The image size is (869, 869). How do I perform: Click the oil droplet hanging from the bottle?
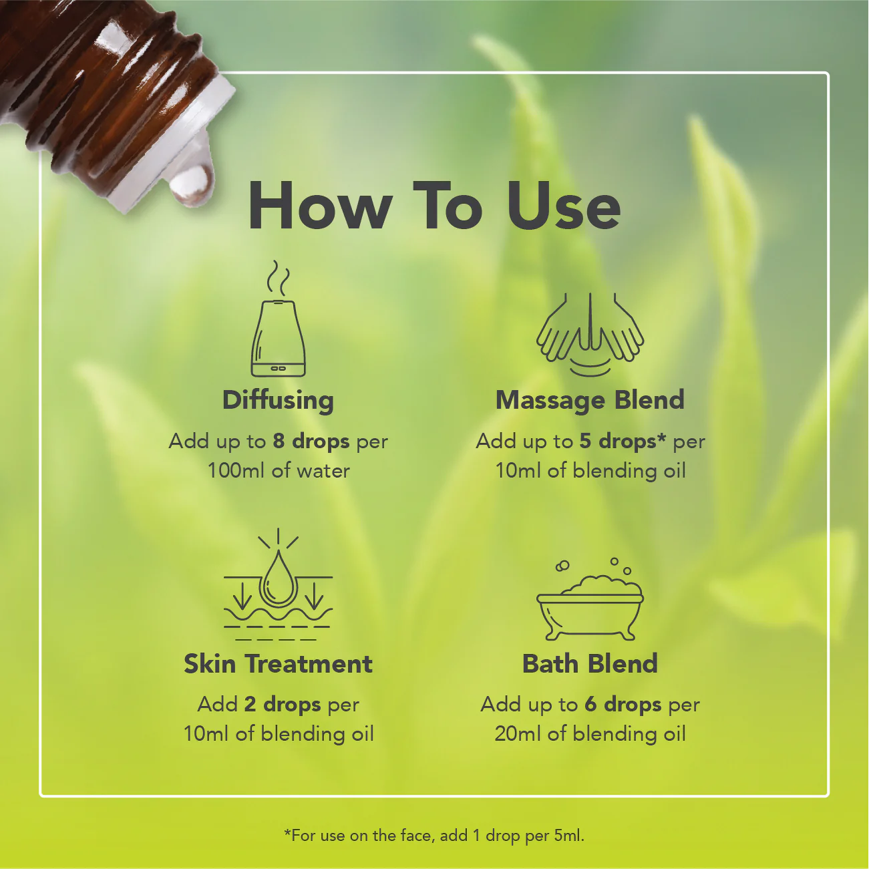point(192,182)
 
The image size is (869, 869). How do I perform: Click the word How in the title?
point(319,206)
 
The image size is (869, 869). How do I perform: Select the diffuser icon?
point(279,337)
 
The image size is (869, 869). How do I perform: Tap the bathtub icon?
point(590,604)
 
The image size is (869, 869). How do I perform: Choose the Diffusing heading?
point(278,399)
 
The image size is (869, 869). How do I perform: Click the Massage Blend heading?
point(590,399)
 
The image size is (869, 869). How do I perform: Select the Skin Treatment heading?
point(278,663)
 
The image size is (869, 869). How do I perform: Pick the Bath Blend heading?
point(590,663)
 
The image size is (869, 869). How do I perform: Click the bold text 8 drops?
point(311,441)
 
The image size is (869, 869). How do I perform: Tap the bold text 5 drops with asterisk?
point(623,441)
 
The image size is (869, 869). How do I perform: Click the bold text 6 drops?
point(623,704)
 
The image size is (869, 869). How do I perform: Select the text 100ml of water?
point(278,470)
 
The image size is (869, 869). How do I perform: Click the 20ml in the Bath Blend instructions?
point(518,733)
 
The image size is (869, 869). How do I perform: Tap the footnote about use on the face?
point(434,835)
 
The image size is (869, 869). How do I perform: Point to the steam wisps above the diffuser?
point(279,279)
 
